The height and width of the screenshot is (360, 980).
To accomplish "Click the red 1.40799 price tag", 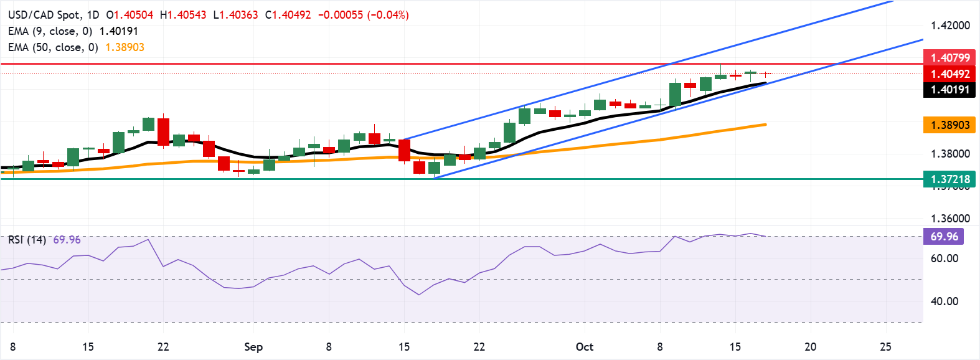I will [x=949, y=58].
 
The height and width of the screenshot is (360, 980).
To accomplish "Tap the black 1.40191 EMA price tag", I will [x=949, y=90].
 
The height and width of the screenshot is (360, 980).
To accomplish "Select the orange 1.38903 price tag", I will [x=949, y=125].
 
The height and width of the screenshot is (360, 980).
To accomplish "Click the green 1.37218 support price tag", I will [x=949, y=179].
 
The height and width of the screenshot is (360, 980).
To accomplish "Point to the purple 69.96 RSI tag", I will [x=944, y=237].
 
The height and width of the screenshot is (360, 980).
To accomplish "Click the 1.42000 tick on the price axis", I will [x=950, y=26].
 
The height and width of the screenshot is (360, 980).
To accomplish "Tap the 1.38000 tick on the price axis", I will [x=950, y=154].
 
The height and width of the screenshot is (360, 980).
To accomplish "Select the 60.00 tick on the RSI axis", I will [x=944, y=258].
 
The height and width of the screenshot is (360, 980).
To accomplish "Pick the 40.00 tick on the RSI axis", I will [x=944, y=301].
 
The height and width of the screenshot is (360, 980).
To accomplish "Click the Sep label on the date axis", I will [x=253, y=347].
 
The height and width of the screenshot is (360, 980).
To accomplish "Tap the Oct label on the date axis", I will [x=585, y=347].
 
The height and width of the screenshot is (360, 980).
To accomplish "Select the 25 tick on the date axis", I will [x=885, y=347].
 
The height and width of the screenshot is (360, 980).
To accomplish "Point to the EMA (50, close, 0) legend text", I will [x=53, y=47].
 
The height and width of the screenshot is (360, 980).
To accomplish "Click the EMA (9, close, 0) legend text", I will [x=50, y=31].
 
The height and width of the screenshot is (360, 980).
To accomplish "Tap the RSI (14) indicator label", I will [x=27, y=240].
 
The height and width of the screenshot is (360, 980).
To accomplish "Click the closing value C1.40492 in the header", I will [x=288, y=14].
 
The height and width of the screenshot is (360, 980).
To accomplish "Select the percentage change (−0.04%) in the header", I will [x=388, y=14].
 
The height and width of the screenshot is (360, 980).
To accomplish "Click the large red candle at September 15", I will [x=405, y=151].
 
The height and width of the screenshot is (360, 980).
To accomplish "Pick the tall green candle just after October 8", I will [x=675, y=95].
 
